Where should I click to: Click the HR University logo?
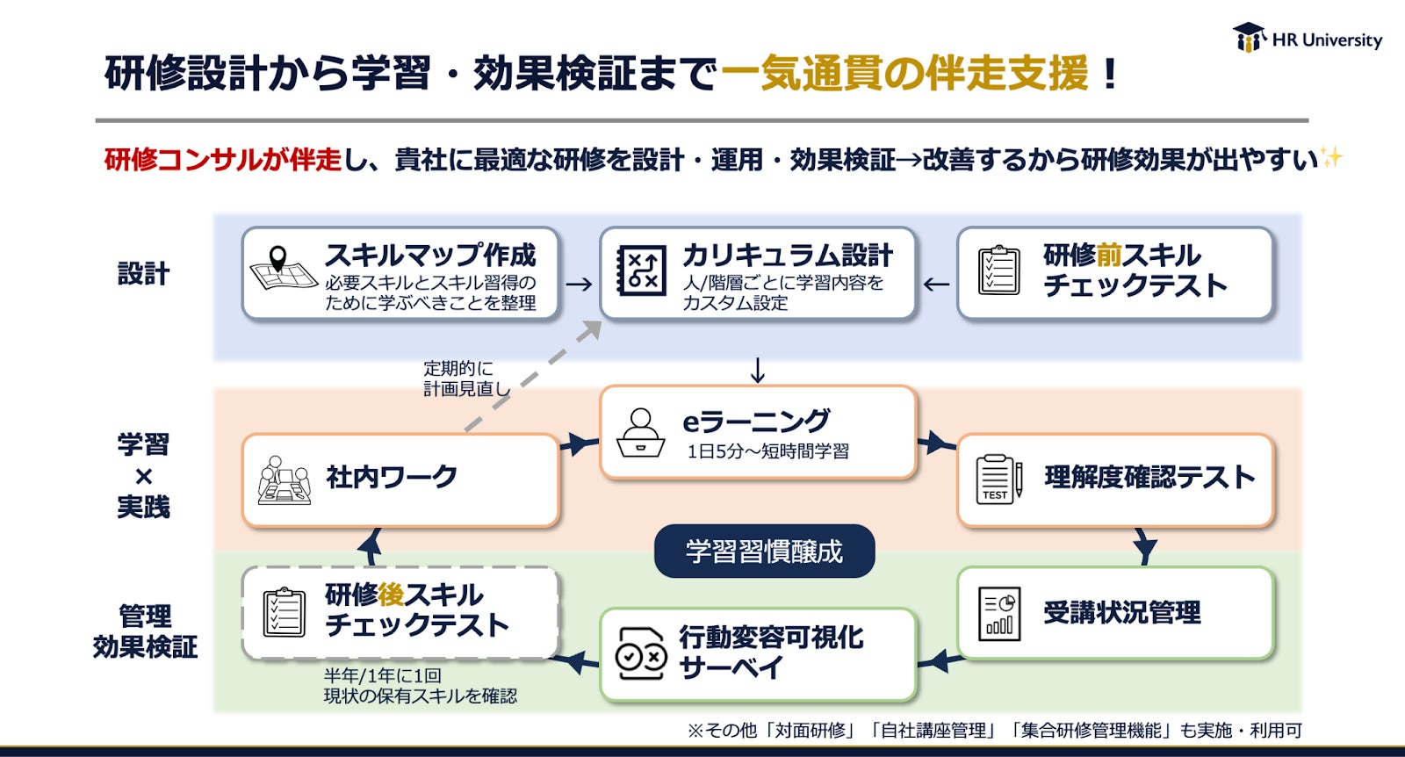pyautogui.click(x=1307, y=39)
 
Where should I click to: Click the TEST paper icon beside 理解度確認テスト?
pyautogui.click(x=998, y=478)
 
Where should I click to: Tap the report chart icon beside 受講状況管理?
pyautogui.click(x=998, y=613)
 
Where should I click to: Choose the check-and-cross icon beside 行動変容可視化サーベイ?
pyautogui.click(x=640, y=653)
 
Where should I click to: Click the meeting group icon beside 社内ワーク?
pyautogui.click(x=285, y=479)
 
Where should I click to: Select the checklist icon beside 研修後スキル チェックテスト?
pyautogui.click(x=285, y=611)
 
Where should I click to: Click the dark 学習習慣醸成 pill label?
pyautogui.click(x=764, y=552)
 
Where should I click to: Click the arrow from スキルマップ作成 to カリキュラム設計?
pyautogui.click(x=579, y=285)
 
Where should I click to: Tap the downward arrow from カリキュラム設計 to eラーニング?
pyautogui.click(x=758, y=371)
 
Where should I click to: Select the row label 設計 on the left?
pyautogui.click(x=143, y=273)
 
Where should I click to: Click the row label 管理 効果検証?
pyautogui.click(x=145, y=631)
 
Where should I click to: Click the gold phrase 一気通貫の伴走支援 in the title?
pyautogui.click(x=904, y=73)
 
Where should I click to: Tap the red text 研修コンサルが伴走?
pyautogui.click(x=222, y=159)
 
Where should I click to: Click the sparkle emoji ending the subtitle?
pyautogui.click(x=1331, y=158)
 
